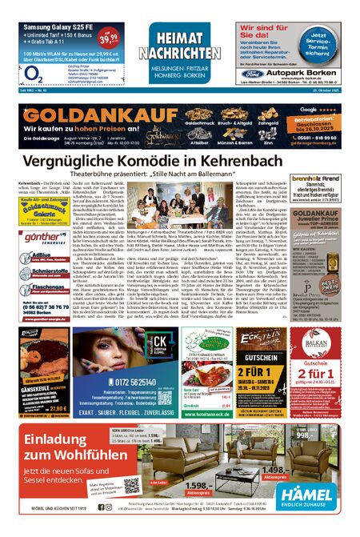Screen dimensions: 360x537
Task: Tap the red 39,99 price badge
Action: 114,36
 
